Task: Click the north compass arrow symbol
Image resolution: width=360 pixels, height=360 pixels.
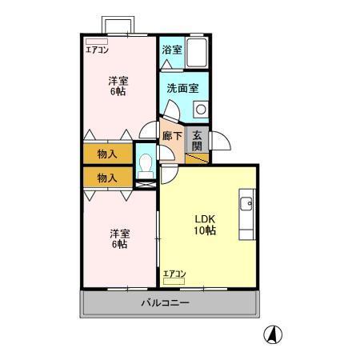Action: tap(274, 335)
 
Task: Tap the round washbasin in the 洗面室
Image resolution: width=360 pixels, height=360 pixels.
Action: tap(201, 108)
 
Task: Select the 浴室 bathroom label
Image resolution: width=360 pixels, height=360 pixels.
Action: tap(171, 50)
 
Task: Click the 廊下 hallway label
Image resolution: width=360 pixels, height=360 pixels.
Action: tap(172, 136)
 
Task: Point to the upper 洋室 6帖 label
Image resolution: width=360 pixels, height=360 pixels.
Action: tap(118, 86)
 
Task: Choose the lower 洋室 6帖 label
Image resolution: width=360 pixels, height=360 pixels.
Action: tap(118, 238)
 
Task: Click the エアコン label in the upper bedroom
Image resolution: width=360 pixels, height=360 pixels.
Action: tap(98, 50)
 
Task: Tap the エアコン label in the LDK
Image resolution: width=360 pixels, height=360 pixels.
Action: tap(174, 274)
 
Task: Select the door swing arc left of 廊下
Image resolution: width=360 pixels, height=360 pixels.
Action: tap(148, 130)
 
